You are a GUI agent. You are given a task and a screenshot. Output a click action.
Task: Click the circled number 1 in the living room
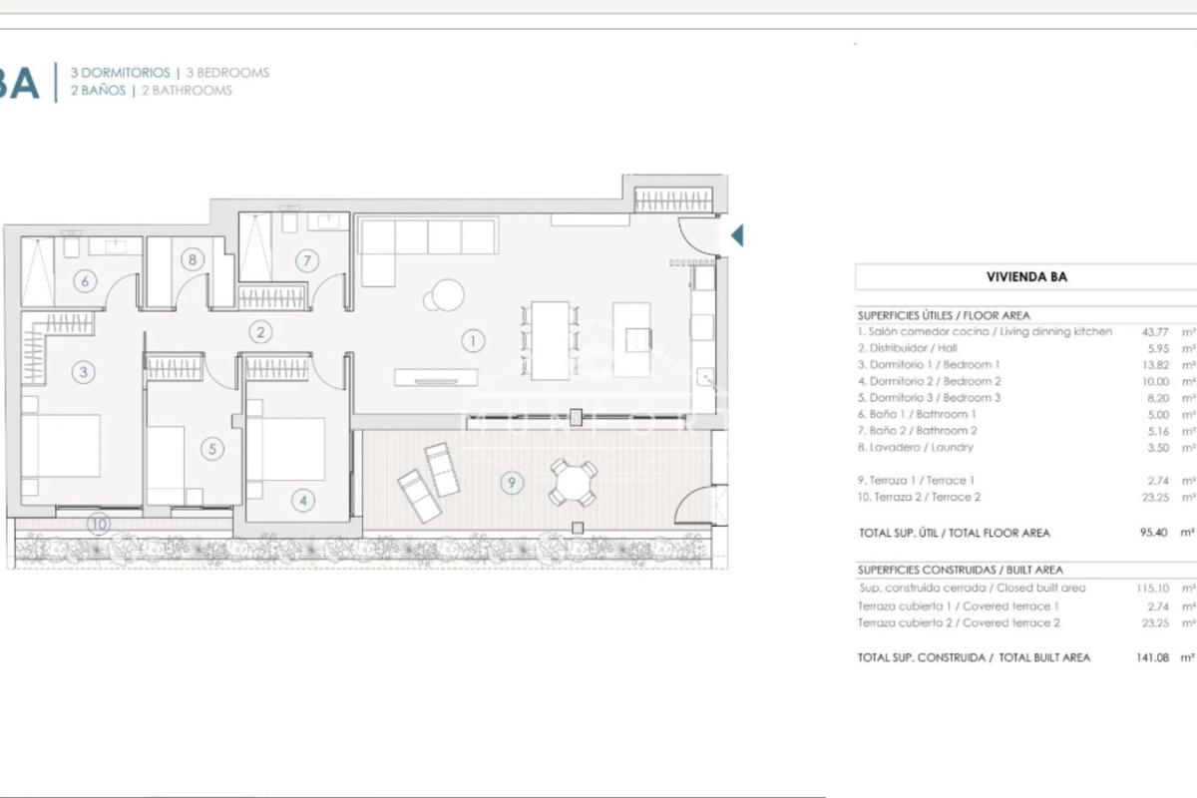pos(473,341)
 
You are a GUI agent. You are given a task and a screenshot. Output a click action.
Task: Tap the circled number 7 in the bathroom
pos(307,260)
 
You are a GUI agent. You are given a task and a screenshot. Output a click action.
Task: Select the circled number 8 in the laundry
pos(193,259)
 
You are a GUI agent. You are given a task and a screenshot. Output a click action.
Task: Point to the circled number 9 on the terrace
pos(512,483)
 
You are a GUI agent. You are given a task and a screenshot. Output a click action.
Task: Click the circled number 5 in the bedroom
pos(212,449)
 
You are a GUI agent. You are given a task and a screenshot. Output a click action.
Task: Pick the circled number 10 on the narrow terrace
pos(99,525)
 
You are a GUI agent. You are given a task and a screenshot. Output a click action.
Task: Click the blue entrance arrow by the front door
pos(737,235)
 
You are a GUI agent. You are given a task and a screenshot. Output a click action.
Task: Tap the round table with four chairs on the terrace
pos(574,483)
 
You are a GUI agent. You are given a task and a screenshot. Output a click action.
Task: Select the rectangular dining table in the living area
pos(550,340)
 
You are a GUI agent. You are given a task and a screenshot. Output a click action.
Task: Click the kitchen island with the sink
pos(631,340)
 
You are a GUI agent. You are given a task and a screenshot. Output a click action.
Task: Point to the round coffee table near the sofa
pos(448,295)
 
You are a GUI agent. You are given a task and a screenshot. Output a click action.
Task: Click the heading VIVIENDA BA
pos(1026,277)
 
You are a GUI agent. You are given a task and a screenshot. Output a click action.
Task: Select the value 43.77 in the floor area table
pos(1155,332)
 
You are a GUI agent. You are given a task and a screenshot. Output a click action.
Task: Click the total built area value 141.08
pos(1153,657)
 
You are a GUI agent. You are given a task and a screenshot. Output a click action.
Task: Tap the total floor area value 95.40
pos(1154,533)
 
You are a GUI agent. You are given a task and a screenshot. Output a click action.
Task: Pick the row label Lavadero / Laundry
pos(916,447)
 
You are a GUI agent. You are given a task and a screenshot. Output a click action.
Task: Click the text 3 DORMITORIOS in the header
pos(121,73)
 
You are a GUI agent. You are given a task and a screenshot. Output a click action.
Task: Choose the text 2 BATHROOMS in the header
pos(188,91)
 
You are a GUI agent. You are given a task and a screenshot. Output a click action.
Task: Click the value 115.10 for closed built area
pos(1153,588)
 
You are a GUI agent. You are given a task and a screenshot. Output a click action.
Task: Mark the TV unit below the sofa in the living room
pos(436,377)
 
